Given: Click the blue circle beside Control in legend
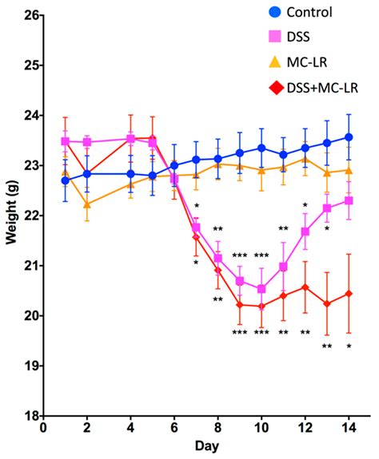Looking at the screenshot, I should [x=275, y=13].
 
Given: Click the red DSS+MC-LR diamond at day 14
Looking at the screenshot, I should [x=349, y=294].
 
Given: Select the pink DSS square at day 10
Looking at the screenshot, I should [x=261, y=289].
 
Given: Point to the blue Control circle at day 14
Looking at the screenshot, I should [x=349, y=137].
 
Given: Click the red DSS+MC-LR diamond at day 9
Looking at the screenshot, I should [x=240, y=304].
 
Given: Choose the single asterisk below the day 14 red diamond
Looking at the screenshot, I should [x=349, y=346].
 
